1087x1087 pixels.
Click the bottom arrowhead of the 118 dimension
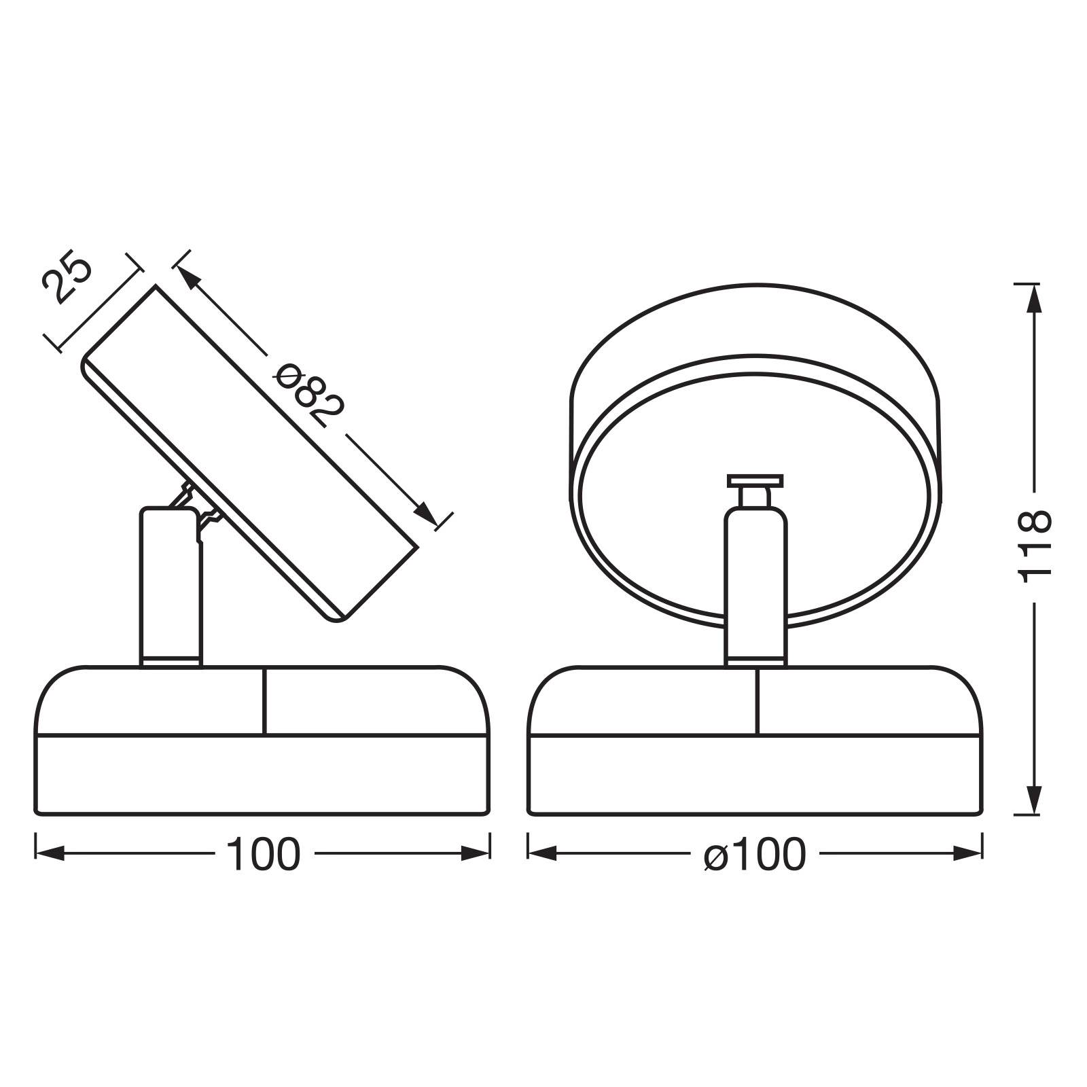pyautogui.click(x=1033, y=799)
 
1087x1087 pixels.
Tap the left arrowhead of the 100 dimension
pyautogui.click(x=50, y=853)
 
